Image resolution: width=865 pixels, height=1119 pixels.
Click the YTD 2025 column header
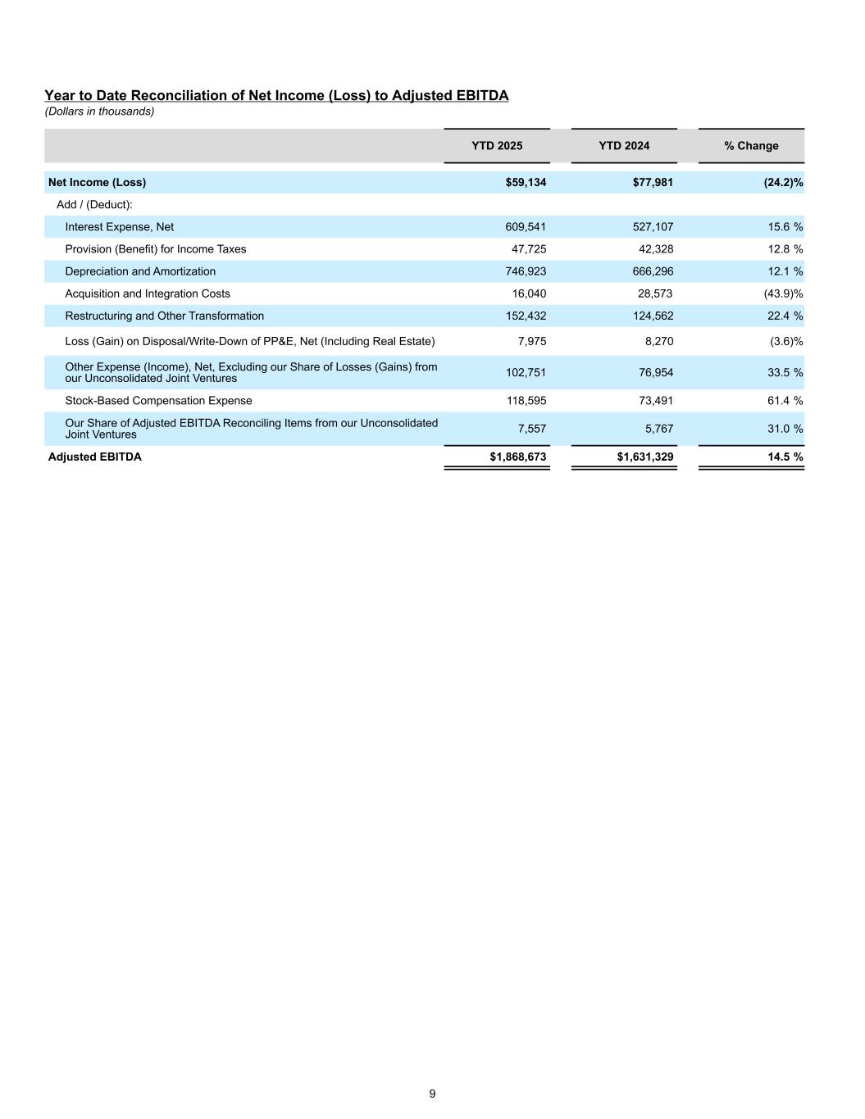(497, 146)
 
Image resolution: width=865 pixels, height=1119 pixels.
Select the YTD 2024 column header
(624, 146)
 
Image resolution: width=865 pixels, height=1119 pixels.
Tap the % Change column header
(751, 146)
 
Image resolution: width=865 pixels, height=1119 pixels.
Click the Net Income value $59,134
(526, 182)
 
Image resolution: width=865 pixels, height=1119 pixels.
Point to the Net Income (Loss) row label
(97, 182)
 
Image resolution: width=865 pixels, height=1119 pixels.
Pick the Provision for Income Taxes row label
(155, 249)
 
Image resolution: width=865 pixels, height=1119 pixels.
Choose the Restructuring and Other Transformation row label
(164, 316)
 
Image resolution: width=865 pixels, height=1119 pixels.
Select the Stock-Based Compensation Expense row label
(158, 401)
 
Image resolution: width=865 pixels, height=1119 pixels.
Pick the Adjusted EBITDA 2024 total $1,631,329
(644, 457)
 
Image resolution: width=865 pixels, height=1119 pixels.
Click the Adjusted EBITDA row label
(94, 457)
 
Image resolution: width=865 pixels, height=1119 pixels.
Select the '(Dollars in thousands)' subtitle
(99, 111)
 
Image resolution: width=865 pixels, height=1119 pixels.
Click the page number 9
(432, 1094)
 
